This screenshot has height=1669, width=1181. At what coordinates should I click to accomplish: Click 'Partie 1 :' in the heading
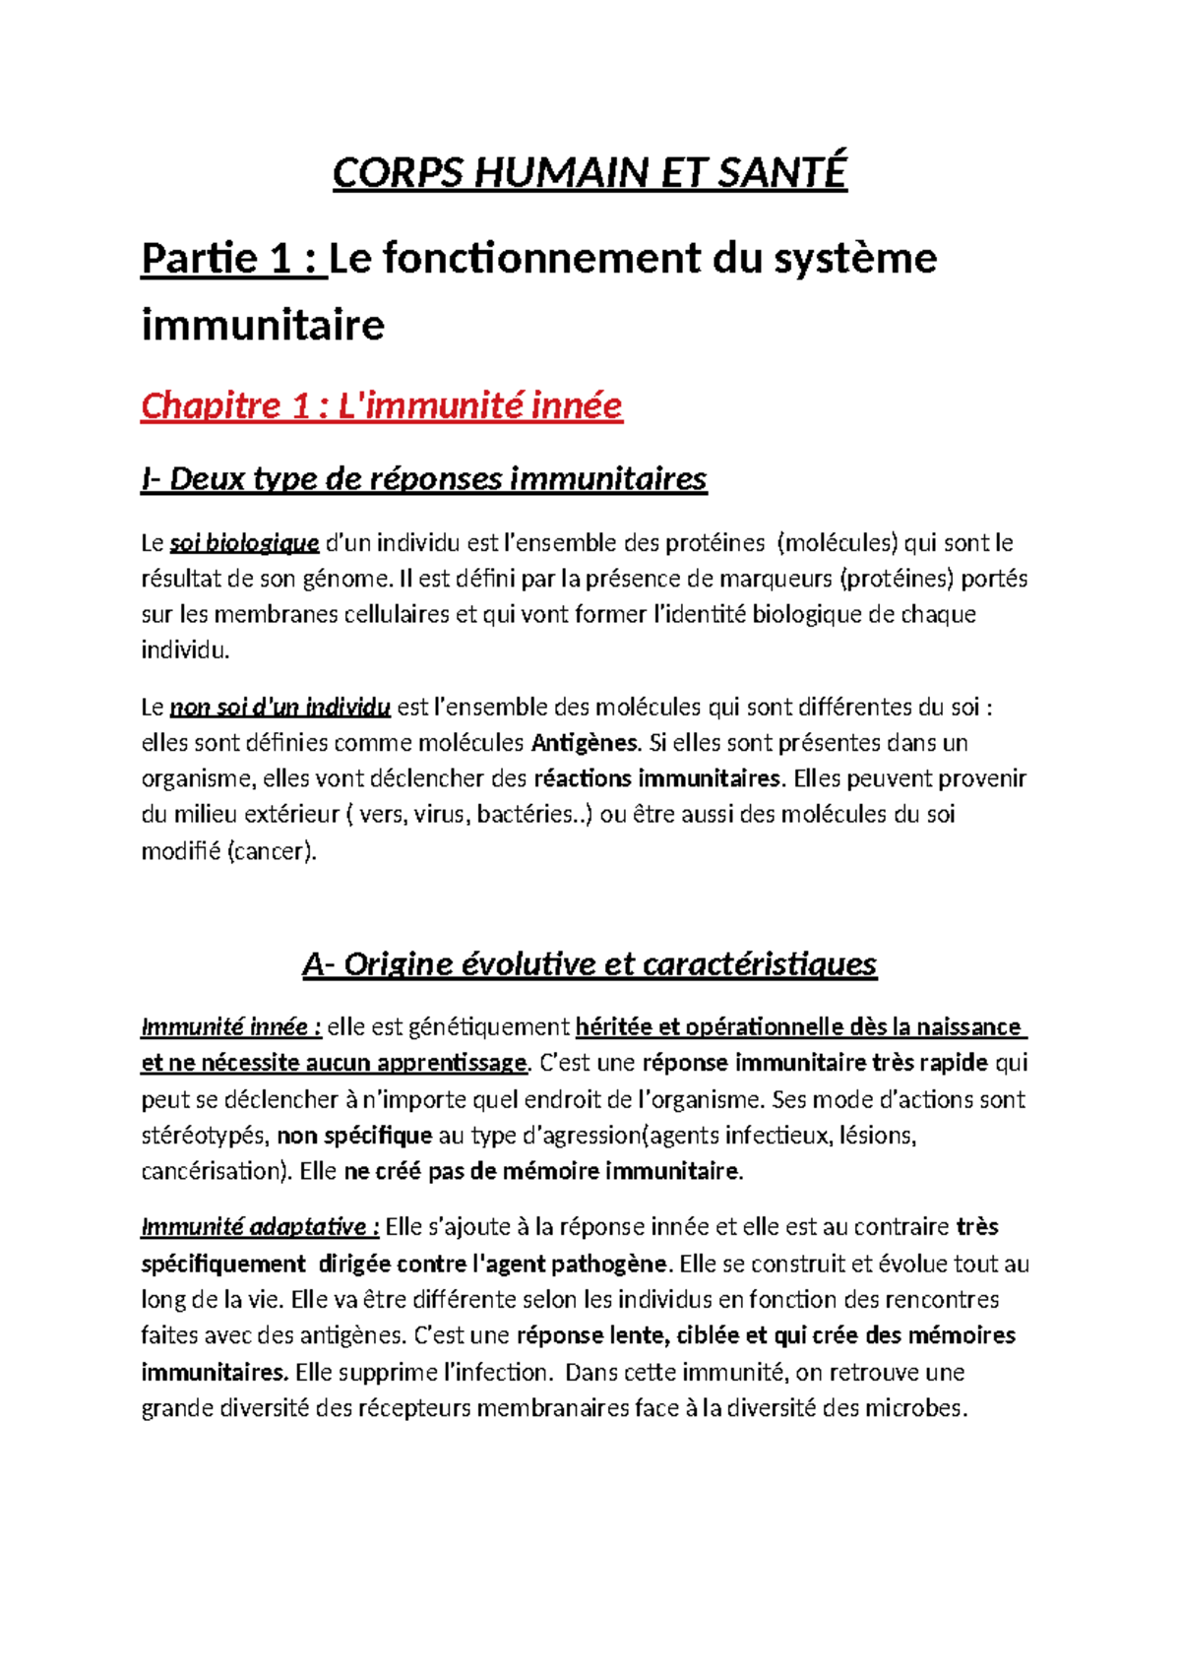(x=232, y=260)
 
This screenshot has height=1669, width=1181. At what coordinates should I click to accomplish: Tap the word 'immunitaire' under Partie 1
(x=263, y=326)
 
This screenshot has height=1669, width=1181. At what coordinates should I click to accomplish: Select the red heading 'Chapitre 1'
(x=226, y=405)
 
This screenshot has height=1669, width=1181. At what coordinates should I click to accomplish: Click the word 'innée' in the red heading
(x=579, y=405)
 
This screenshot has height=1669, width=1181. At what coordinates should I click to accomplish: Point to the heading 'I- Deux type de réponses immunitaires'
(x=423, y=479)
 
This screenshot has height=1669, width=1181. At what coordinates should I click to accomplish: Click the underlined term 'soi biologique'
(x=244, y=543)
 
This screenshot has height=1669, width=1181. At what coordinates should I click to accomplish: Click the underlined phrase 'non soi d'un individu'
(x=280, y=707)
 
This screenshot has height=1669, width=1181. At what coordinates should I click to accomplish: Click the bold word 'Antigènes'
(x=586, y=742)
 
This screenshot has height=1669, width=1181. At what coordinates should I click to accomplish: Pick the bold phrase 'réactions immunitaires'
(x=657, y=778)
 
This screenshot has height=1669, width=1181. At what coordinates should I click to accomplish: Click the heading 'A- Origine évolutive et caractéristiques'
(x=589, y=964)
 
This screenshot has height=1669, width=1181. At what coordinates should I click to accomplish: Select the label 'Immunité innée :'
(x=231, y=1027)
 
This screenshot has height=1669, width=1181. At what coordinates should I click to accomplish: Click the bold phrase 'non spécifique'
(x=354, y=1136)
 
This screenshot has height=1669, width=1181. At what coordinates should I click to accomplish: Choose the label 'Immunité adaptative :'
(x=260, y=1227)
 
